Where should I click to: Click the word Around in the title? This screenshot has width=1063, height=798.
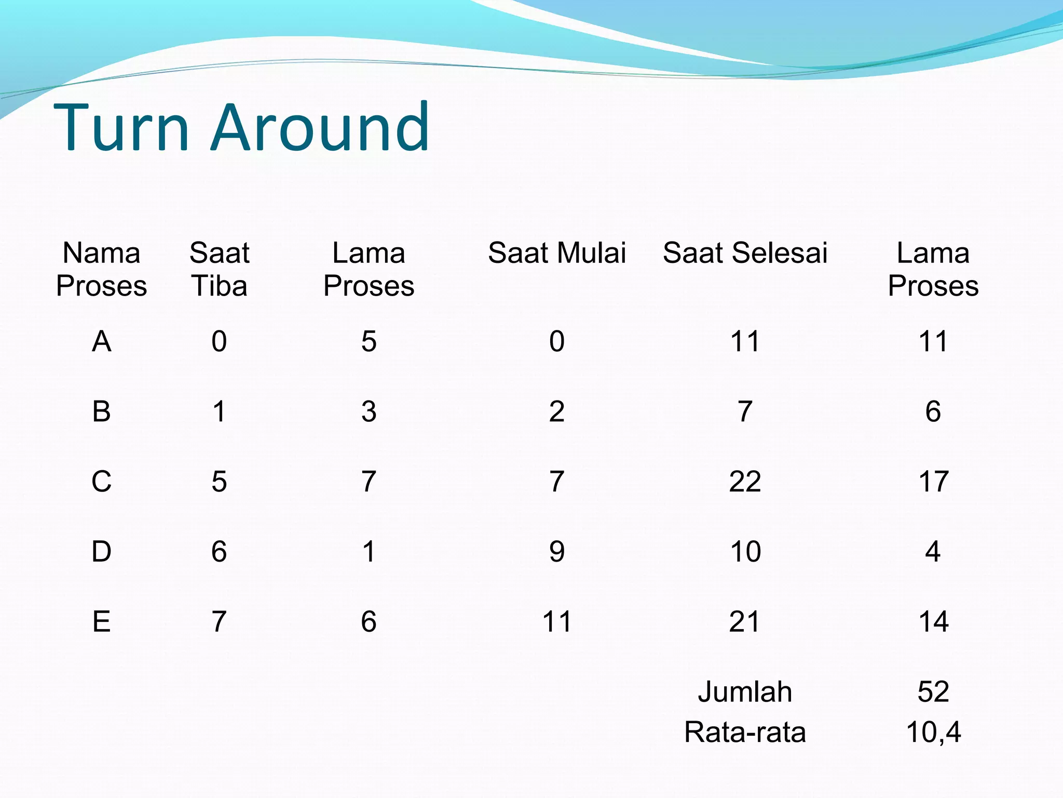coord(320,128)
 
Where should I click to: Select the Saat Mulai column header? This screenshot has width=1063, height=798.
coord(557,253)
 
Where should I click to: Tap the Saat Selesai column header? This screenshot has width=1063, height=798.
coord(745,253)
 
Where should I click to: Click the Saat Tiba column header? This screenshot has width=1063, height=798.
coord(219,269)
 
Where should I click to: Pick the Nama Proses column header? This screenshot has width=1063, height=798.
coord(101,269)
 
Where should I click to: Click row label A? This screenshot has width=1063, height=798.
coord(101,341)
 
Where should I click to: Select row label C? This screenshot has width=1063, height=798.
coord(101,481)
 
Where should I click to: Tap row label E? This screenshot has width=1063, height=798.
coord(101,621)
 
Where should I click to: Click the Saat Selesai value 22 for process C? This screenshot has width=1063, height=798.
coord(745,481)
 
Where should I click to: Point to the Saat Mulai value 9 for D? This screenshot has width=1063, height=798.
coord(557,551)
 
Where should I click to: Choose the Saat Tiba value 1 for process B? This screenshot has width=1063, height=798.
coord(219,411)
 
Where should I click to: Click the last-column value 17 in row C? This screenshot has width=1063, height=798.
coord(933,481)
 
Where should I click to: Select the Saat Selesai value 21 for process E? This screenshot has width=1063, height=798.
coord(745,621)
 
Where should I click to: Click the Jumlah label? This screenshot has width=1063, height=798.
coord(745,692)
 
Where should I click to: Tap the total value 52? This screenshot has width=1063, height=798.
coord(933,692)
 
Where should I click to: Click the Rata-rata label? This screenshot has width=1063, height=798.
coord(745,733)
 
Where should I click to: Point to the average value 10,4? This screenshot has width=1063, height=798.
coord(933,733)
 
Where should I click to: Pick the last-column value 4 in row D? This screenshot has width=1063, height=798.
coord(933,551)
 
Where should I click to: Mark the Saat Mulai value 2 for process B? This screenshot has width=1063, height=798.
coord(557,411)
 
